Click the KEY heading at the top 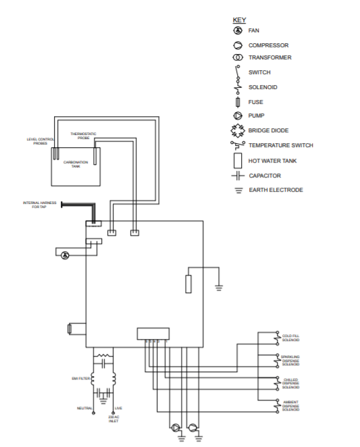[x=239, y=20]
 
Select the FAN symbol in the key [x=238, y=31]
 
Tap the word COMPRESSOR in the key [x=268, y=45]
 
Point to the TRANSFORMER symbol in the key [x=238, y=58]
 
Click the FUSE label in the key [x=256, y=102]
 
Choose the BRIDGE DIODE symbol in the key [x=238, y=130]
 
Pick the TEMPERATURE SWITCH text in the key [x=280, y=145]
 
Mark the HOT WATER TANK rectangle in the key [x=238, y=161]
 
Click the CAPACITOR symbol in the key [x=238, y=176]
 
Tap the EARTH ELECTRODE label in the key [x=276, y=190]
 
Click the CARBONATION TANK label [x=76, y=163]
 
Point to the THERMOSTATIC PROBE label [x=83, y=135]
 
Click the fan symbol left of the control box [x=65, y=255]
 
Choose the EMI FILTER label [x=80, y=379]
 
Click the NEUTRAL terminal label [x=84, y=409]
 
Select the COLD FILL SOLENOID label [x=290, y=338]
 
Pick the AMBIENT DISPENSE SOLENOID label [x=290, y=406]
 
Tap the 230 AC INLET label [x=113, y=418]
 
